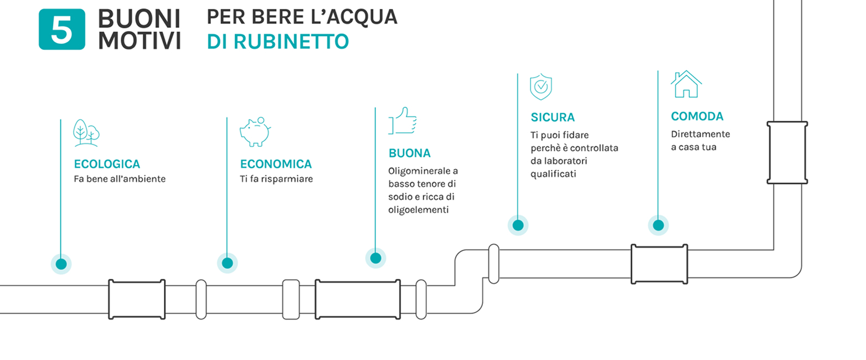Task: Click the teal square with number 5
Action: pyautogui.click(x=62, y=29)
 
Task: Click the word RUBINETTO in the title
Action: pyautogui.click(x=291, y=42)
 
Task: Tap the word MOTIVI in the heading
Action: pyautogui.click(x=140, y=40)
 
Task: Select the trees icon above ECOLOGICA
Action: pyautogui.click(x=86, y=132)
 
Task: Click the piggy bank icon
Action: pyautogui.click(x=255, y=132)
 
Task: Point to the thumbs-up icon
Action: pyautogui.click(x=403, y=121)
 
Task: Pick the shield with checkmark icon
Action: pyautogui.click(x=541, y=86)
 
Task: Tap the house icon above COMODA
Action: pyautogui.click(x=686, y=84)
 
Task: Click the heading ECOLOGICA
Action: pyautogui.click(x=107, y=164)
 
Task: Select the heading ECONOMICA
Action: pyautogui.click(x=276, y=164)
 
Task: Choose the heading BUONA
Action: pyautogui.click(x=410, y=153)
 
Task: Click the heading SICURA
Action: pyautogui.click(x=553, y=117)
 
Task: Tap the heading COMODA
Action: pyautogui.click(x=697, y=116)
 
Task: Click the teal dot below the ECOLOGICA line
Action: pyautogui.click(x=61, y=264)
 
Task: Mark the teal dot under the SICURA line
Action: pyautogui.click(x=518, y=225)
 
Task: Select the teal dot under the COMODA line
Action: pyautogui.click(x=658, y=225)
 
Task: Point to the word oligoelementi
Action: pyautogui.click(x=419, y=210)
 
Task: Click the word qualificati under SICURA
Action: pyautogui.click(x=553, y=174)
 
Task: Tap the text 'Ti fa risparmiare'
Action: pyautogui.click(x=276, y=179)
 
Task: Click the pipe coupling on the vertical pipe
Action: pyautogui.click(x=787, y=153)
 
